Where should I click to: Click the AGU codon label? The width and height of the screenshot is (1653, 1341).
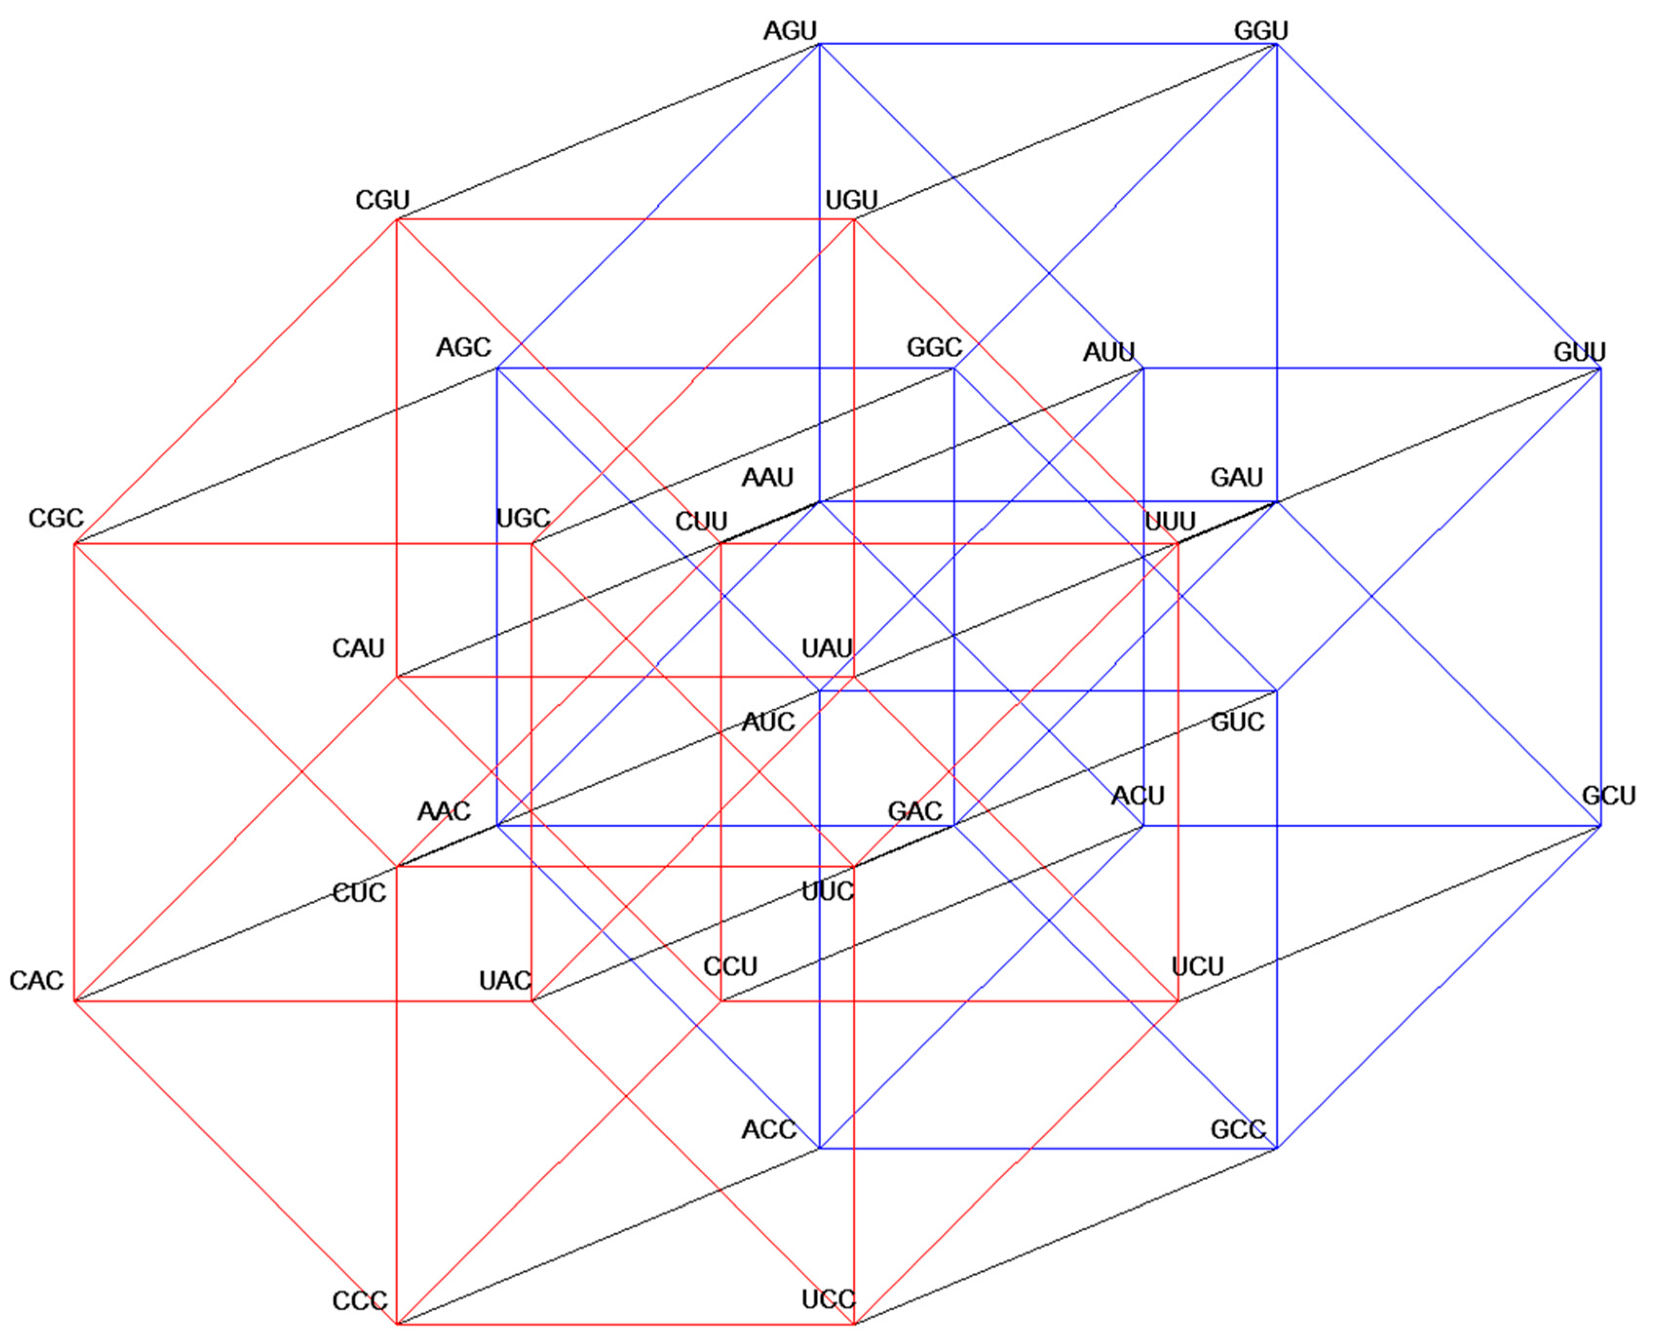pos(789,31)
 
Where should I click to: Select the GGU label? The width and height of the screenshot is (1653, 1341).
pos(1261,31)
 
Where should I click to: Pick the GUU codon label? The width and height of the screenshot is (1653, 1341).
pos(1579,352)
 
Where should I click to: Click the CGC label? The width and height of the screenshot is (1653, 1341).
pos(56,518)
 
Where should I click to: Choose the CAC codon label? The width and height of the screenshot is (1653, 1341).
pos(36,980)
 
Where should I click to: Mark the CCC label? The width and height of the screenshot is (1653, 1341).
pos(359,1301)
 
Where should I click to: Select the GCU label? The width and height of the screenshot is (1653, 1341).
pos(1608,796)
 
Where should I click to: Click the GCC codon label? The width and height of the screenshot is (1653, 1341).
pos(1237,1130)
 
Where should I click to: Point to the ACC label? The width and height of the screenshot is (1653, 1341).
pos(768,1130)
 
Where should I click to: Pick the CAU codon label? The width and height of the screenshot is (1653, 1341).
pos(358,648)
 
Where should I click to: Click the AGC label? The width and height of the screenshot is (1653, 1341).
pos(463,348)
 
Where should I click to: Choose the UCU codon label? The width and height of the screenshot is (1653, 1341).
pos(1197,966)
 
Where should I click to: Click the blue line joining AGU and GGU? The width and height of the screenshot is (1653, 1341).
pos(1042,44)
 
